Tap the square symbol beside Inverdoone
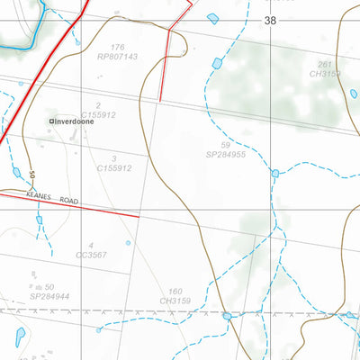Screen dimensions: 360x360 [51, 121]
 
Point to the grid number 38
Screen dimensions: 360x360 [271, 20]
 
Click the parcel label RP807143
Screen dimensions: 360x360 [116, 56]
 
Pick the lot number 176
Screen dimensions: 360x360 [116, 47]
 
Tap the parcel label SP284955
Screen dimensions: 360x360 [225, 154]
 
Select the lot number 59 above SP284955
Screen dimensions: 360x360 [225, 144]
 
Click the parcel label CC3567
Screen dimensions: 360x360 [91, 255]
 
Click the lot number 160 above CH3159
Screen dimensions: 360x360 [175, 291]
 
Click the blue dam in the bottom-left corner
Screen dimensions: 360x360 [20, 336]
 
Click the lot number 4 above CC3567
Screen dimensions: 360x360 [91, 245]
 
